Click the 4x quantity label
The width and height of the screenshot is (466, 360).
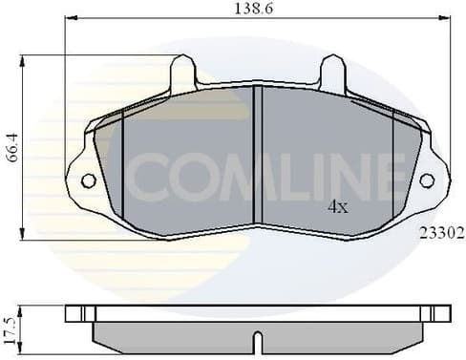[x=337, y=205]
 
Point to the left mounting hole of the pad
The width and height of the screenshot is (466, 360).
[x=88, y=180]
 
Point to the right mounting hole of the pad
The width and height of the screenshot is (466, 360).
[x=427, y=180]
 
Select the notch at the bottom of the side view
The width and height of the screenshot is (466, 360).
[x=256, y=341]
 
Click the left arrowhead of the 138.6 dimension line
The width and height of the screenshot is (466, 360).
[x=67, y=20]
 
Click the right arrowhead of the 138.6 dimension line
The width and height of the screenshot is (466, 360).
[x=443, y=20]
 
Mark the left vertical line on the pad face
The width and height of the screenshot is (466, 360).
[x=123, y=167]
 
